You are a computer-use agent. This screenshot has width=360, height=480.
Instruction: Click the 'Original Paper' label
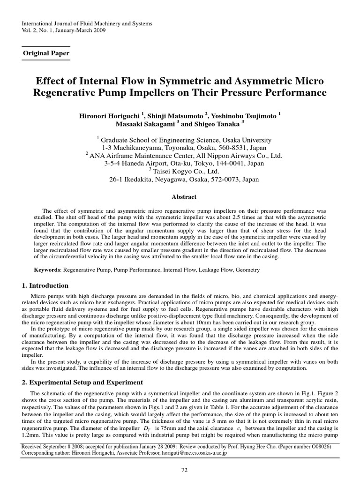click(46, 53)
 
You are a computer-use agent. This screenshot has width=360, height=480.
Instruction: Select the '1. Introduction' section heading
click(45, 285)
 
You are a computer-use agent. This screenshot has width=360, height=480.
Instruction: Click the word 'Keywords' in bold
click(47, 270)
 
